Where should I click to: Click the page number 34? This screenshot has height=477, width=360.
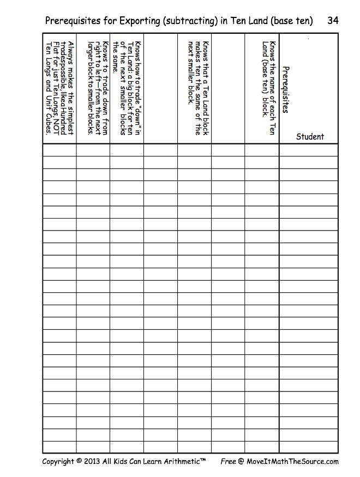click(333, 21)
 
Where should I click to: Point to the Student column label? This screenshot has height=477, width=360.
click(310, 137)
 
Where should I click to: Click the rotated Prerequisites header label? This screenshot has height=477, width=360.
click(285, 90)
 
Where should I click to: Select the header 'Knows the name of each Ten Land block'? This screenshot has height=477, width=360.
click(269, 87)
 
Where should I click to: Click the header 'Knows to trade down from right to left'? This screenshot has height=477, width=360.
click(98, 87)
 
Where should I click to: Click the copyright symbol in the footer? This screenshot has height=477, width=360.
click(79, 461)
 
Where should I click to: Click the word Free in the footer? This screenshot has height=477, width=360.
click(228, 461)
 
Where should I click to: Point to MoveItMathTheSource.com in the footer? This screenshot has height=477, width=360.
click(292, 461)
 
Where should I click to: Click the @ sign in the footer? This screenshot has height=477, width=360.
click(241, 461)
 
